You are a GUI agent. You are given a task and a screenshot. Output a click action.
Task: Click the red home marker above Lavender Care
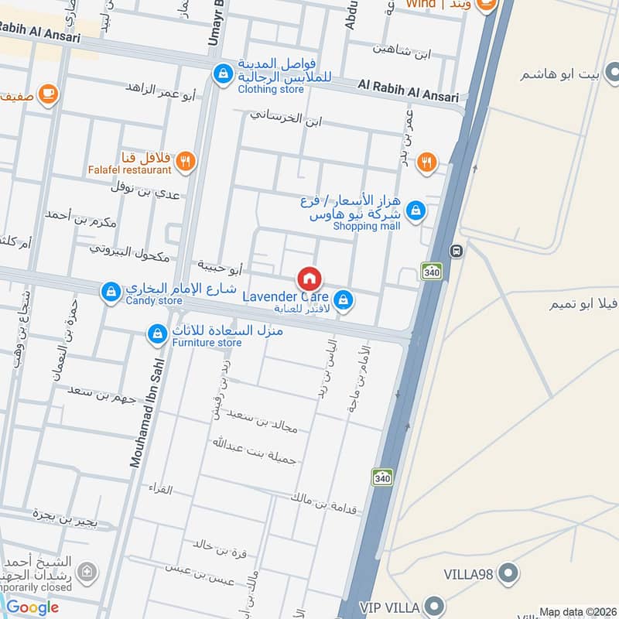(309, 278)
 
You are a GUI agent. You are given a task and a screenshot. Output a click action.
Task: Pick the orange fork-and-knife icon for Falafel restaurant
(185, 162)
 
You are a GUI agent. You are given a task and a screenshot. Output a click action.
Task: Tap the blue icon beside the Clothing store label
(223, 74)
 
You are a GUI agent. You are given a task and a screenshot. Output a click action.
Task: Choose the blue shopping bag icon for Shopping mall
(416, 210)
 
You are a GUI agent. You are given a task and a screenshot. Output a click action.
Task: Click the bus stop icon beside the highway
(457, 251)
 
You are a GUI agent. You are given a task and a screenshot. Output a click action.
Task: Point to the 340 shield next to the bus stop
(431, 271)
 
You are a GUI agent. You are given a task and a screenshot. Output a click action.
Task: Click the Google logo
(32, 607)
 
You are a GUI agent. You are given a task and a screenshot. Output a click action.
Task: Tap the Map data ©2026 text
(576, 612)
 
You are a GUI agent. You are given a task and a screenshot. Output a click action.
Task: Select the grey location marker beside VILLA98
(508, 573)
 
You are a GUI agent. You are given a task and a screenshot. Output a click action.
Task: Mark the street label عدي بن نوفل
(145, 190)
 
